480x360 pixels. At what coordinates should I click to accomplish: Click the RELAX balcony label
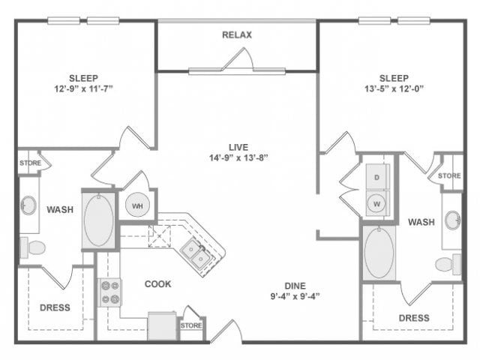(237, 34)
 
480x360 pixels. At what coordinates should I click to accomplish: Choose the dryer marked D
(377, 178)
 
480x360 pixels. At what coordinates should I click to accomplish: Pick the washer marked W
(377, 203)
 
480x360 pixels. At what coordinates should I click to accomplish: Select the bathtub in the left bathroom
(99, 221)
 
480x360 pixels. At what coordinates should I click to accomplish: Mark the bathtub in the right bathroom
(379, 253)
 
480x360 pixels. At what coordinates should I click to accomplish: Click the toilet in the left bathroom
(33, 247)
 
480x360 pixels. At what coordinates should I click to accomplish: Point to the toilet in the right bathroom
(448, 264)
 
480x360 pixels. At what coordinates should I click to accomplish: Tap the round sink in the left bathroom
(29, 205)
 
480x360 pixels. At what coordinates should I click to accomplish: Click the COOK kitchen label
(158, 284)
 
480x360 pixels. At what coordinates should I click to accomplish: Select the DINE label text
(294, 285)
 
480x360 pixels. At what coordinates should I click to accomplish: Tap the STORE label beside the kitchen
(191, 325)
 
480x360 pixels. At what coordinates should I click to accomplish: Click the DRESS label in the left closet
(55, 307)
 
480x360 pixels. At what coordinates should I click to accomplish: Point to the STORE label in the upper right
(449, 176)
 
